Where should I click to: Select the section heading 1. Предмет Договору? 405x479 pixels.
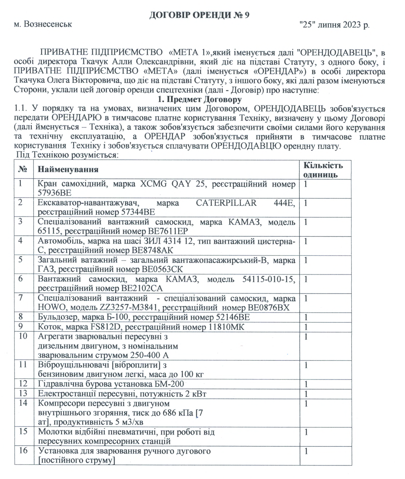pos(199,100)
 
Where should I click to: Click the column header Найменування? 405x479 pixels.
pos(68,169)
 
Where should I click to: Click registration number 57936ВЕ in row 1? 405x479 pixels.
pos(55,193)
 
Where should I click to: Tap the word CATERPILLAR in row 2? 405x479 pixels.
pos(226,203)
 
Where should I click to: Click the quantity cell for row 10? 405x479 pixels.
pos(325,346)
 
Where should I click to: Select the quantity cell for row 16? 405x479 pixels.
pos(325,455)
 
